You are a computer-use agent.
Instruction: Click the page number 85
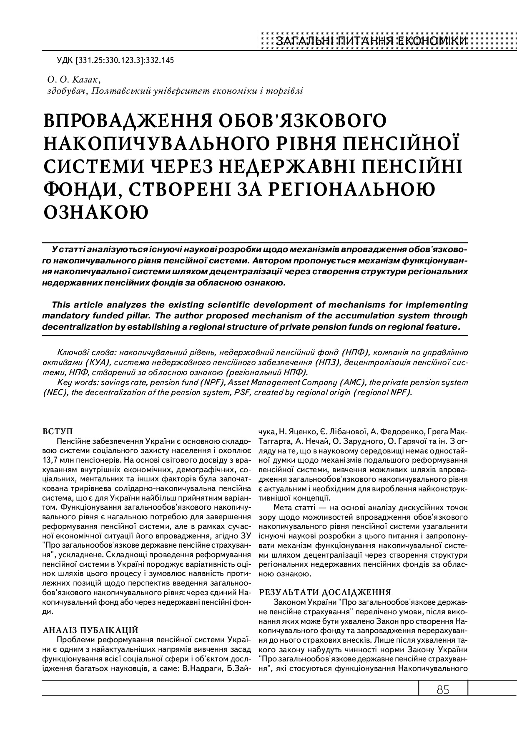[x=443, y=690]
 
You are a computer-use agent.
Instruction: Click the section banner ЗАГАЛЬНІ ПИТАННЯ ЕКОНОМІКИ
[x=371, y=41]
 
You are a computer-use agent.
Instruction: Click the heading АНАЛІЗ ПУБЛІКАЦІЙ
[x=90, y=630]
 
